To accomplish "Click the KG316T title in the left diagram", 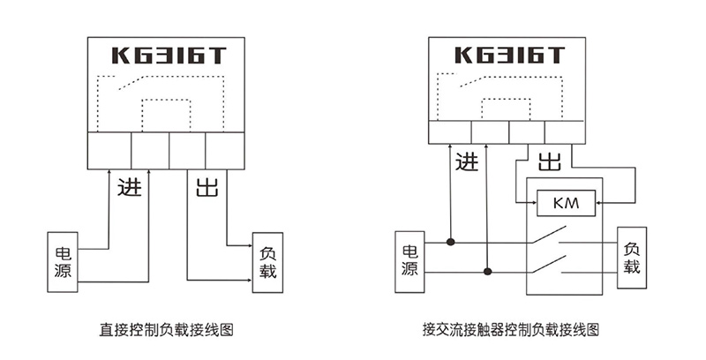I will click(x=168, y=56).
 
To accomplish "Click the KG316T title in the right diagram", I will click(x=509, y=56).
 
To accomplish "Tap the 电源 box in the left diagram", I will click(x=63, y=261).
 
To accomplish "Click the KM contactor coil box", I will click(x=566, y=204).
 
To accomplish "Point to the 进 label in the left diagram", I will click(x=129, y=188).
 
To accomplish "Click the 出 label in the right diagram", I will click(x=550, y=161).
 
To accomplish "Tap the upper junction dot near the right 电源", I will click(x=451, y=241).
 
